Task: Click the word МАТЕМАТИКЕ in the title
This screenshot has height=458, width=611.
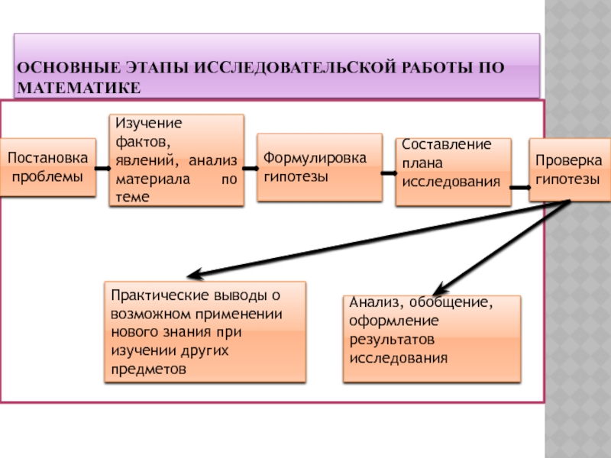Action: pos(79,89)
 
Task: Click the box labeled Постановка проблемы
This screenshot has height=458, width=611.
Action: pos(47,167)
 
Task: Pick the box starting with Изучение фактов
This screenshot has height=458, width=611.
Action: pos(176,160)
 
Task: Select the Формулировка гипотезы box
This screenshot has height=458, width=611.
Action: pos(318,167)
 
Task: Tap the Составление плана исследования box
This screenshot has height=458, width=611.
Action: pos(453,172)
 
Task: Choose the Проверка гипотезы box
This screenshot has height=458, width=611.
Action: pos(567,169)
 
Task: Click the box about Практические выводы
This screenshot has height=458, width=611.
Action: pos(204,331)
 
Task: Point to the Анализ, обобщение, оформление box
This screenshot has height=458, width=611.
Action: pos(432,338)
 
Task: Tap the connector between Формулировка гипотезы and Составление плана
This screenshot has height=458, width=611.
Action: pos(389,173)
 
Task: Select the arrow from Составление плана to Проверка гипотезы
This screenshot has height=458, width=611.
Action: pos(520,186)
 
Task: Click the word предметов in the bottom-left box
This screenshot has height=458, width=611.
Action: pos(148,368)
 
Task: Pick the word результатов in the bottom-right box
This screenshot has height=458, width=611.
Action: pos(392,339)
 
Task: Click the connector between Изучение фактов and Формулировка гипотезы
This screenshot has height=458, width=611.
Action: pos(250,163)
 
